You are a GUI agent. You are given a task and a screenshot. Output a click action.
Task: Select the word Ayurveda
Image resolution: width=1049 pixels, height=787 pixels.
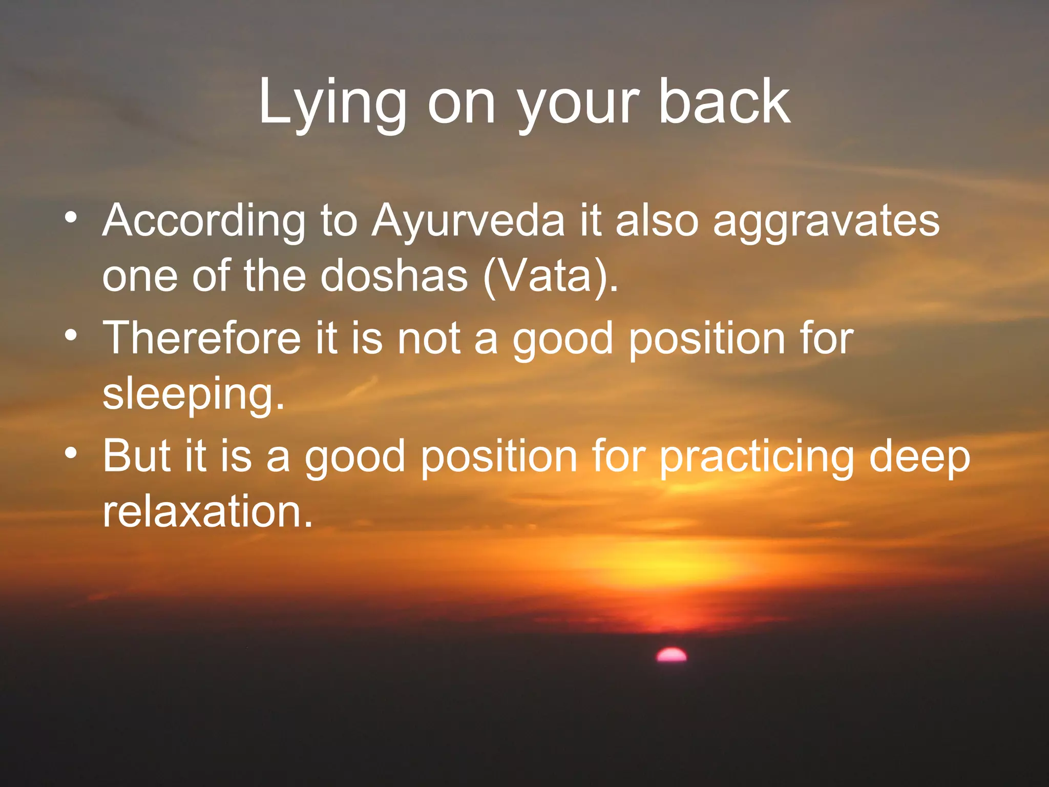468,221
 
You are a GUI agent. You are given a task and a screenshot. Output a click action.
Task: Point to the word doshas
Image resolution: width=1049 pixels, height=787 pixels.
394,276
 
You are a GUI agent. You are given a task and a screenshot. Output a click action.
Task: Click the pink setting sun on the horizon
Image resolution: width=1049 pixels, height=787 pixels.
672,655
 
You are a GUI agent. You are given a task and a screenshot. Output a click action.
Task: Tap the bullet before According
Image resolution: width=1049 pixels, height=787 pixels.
71,219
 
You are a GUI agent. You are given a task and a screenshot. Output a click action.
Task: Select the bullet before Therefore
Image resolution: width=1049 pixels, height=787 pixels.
71,336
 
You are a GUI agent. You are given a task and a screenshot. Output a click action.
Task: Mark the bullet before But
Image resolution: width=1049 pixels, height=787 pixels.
71,453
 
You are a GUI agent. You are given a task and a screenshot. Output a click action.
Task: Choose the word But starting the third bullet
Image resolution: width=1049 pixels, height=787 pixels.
136,455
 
